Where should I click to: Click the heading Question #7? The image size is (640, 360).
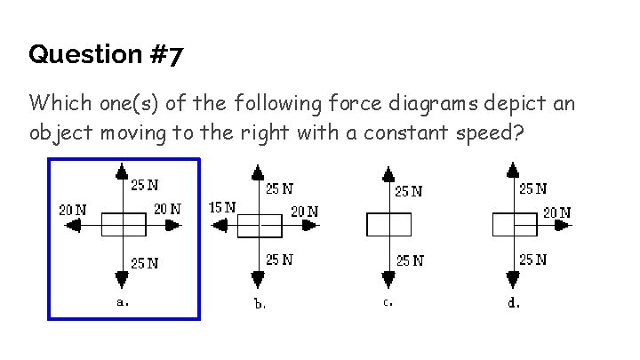click(x=106, y=55)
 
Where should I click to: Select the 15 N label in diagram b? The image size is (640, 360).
click(x=221, y=206)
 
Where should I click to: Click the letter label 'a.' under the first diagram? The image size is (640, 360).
click(x=124, y=301)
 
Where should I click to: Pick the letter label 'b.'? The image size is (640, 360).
click(x=260, y=303)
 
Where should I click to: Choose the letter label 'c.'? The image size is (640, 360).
click(x=388, y=302)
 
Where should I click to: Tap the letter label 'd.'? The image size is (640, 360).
click(x=514, y=302)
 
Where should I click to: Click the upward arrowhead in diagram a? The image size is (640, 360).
click(x=123, y=171)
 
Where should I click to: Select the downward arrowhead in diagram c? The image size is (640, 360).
click(x=388, y=280)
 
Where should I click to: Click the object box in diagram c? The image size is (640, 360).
click(x=388, y=225)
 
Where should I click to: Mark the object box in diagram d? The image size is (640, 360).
click(x=514, y=225)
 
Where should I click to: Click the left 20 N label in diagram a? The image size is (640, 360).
click(x=73, y=210)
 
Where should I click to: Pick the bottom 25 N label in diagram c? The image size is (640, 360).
click(x=410, y=260)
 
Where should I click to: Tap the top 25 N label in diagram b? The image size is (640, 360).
click(x=279, y=188)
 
